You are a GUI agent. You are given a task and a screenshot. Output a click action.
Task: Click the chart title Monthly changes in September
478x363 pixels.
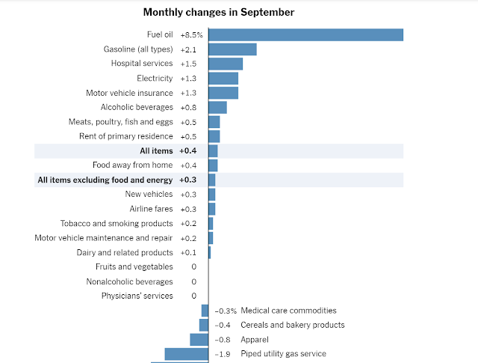[x=219, y=13]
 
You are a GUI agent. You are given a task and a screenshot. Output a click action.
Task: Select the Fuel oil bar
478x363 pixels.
[x=305, y=34]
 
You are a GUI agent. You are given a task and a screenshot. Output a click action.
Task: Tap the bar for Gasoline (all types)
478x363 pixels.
[x=232, y=49]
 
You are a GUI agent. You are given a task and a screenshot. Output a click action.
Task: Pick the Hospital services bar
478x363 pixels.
[x=226, y=64]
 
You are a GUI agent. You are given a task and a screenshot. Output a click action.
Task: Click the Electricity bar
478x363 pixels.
[x=223, y=79]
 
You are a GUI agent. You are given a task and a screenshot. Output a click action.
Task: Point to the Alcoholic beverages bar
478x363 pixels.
[x=217, y=107]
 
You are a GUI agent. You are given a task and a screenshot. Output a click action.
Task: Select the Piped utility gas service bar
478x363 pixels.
[x=187, y=354]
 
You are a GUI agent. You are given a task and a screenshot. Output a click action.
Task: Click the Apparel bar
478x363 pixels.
[x=199, y=340]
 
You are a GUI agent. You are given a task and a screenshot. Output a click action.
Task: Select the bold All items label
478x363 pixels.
[x=156, y=151]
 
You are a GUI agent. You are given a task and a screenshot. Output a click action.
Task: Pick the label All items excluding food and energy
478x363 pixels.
[x=105, y=180]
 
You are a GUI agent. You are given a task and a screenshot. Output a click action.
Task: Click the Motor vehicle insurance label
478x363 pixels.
[x=129, y=93]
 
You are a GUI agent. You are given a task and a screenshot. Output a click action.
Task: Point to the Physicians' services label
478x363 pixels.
[x=137, y=296]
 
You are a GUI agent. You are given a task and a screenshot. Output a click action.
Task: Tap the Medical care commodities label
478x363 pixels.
[x=288, y=311]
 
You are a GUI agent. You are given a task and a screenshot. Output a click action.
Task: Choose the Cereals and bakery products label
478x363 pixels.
[x=292, y=325]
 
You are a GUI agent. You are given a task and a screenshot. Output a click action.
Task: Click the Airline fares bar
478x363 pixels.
[x=212, y=209]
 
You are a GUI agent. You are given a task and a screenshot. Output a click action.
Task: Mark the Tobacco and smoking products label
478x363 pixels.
[x=117, y=224]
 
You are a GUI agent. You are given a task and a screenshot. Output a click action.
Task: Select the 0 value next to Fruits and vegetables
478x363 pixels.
[x=193, y=267]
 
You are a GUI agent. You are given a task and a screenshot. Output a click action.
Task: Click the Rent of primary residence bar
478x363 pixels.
[x=214, y=136]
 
